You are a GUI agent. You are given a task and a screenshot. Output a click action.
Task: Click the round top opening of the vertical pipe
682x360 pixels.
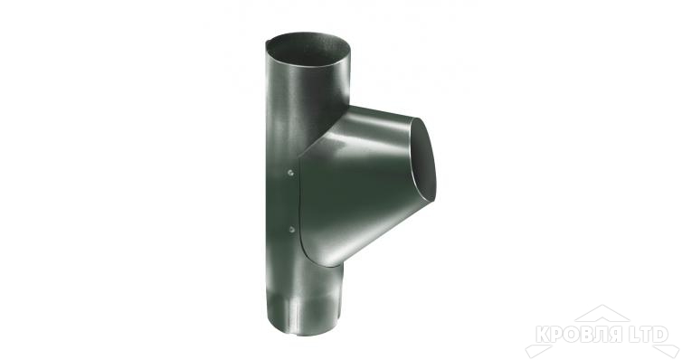tap(308, 48)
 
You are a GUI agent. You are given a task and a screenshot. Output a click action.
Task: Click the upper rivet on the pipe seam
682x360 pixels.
tap(290, 173)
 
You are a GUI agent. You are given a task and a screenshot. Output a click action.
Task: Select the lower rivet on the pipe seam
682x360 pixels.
tap(292, 229)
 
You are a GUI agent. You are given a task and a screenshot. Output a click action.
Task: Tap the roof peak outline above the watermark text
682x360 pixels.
tap(602, 313)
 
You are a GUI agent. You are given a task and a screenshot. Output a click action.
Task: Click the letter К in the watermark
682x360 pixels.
tap(544, 335)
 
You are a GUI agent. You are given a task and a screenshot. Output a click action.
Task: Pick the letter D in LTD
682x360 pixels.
tap(660, 335)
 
